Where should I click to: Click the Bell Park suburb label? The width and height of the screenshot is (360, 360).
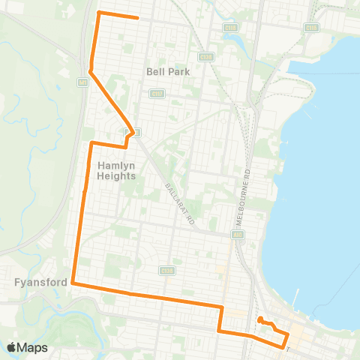tap(169, 72)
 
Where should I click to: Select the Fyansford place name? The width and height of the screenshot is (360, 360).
tap(34, 283)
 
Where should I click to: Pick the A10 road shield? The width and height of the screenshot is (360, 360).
tap(238, 235)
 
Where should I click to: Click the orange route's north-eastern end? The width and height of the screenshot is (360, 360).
tap(138, 18)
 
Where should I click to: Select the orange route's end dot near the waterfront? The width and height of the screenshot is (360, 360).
tap(259, 320)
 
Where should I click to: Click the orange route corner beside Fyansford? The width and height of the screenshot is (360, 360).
tap(73, 283)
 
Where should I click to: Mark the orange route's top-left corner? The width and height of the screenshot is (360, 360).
tap(100, 13)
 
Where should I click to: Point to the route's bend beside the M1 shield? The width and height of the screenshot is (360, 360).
tap(91, 72)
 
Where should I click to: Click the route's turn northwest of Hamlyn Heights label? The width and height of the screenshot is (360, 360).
tap(91, 142)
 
